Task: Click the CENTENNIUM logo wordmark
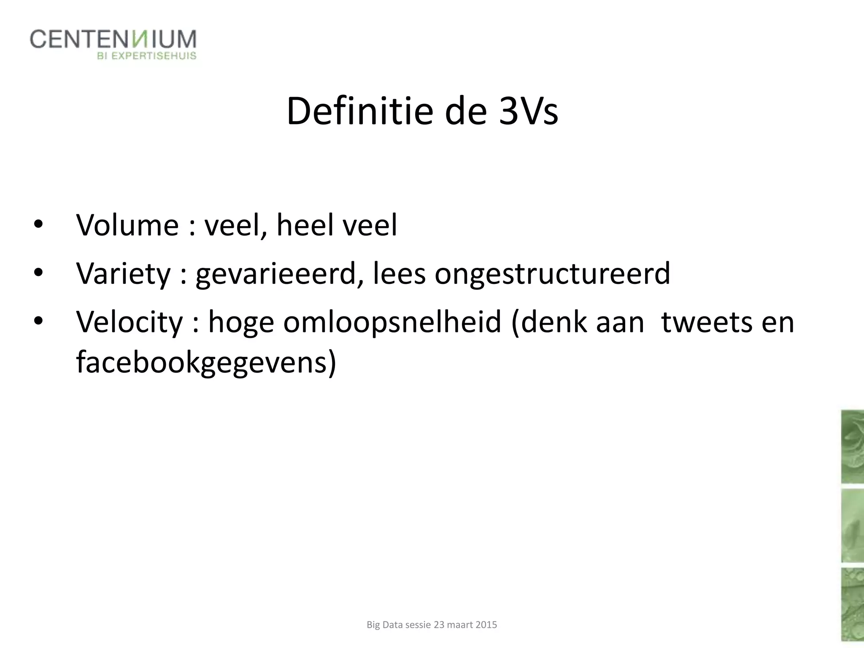[x=113, y=40]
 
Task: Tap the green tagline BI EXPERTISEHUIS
[x=147, y=56]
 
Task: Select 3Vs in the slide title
[x=528, y=111]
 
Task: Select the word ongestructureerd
[x=552, y=274]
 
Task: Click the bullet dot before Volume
[x=38, y=225]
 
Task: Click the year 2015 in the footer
[x=486, y=625]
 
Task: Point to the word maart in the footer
[x=460, y=625]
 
